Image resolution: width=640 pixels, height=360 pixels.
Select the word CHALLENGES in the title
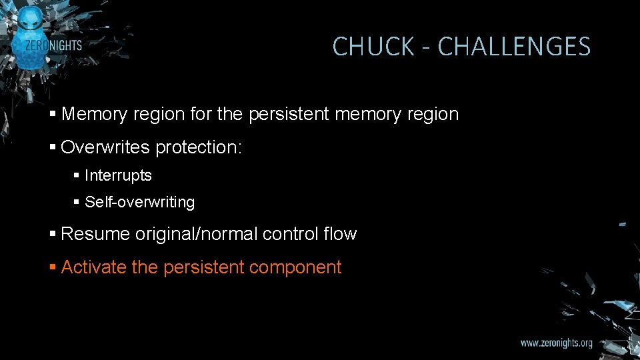tap(514, 47)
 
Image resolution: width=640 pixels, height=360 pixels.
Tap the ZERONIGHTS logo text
tap(53, 45)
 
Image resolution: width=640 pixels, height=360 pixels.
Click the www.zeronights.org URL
tap(556, 343)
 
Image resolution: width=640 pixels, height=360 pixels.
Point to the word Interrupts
tap(118, 175)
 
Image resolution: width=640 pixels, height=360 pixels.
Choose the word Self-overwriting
tap(139, 202)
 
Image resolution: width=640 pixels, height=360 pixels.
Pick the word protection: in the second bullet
tap(199, 147)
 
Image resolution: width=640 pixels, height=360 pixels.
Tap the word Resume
tap(95, 234)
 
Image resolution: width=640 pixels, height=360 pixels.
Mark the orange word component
tap(295, 267)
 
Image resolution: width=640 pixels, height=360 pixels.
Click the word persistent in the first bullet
tap(289, 114)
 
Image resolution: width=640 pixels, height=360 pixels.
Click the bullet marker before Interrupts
tap(77, 176)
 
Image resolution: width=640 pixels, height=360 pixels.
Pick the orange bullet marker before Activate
tap(53, 268)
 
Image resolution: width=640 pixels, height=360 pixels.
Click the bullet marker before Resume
tap(53, 235)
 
